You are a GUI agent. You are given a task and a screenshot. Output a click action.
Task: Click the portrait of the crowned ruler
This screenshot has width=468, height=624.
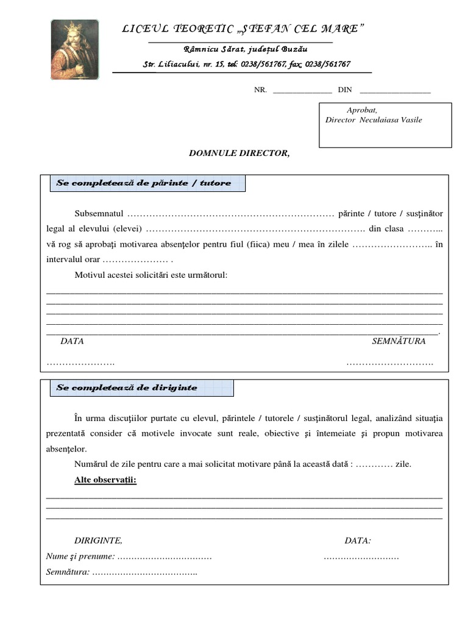74,49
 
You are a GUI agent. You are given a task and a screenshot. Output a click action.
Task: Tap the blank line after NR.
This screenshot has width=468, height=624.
302,90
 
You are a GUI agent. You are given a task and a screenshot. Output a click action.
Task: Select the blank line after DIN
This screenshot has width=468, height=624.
395,90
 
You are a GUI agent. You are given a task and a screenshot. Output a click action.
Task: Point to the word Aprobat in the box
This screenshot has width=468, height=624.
362,110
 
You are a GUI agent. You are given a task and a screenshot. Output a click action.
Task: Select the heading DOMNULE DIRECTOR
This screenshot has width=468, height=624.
239,153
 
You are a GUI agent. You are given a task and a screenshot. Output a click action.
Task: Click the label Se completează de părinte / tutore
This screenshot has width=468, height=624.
144,183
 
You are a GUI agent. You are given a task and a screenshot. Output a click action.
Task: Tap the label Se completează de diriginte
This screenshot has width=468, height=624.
127,388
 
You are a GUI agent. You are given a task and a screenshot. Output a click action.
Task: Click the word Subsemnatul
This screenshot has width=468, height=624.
99,214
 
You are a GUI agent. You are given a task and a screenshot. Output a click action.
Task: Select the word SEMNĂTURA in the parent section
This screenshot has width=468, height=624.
399,341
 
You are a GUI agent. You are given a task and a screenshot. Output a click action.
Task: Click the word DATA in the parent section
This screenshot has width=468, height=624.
72,341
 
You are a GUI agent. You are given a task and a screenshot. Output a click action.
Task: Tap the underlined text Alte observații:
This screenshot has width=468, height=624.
105,480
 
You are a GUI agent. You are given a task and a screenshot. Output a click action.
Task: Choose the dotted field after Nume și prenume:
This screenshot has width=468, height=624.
164,556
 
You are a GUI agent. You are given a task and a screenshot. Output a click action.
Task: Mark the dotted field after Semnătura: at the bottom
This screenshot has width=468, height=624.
145,572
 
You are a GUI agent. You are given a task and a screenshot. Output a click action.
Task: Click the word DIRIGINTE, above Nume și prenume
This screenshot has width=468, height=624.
98,541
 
